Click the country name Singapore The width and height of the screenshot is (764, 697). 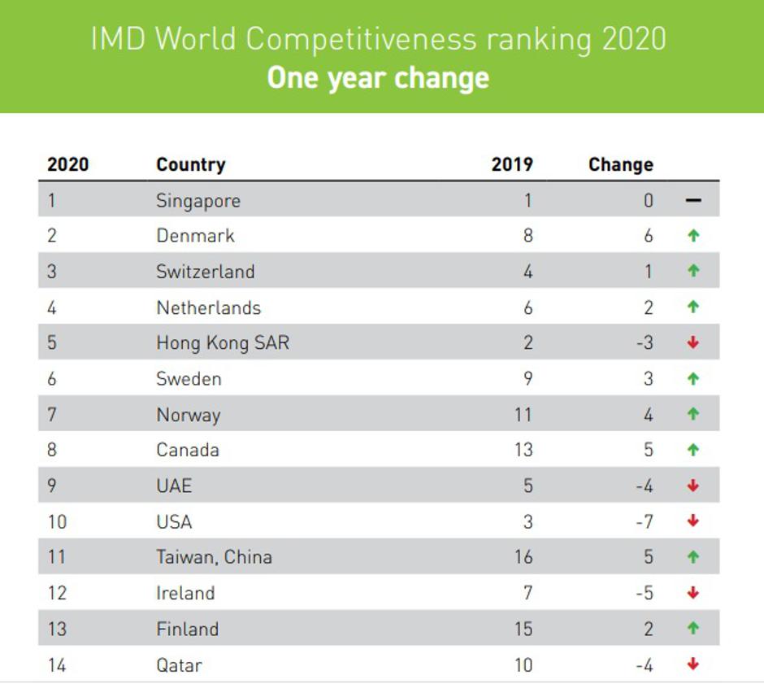pyautogui.click(x=198, y=201)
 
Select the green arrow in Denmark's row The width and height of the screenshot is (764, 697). pyautogui.click(x=693, y=236)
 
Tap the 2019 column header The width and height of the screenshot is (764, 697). pyautogui.click(x=512, y=164)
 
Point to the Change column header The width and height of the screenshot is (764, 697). pyautogui.click(x=620, y=164)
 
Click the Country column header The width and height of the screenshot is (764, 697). pyautogui.click(x=190, y=164)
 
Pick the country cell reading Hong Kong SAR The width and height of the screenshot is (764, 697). pyautogui.click(x=222, y=343)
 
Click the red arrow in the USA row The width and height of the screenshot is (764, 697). pyautogui.click(x=693, y=521)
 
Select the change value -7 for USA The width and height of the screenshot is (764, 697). pyautogui.click(x=645, y=521)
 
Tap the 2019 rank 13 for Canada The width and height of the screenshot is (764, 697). pyautogui.click(x=523, y=450)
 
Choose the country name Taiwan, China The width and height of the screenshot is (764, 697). pyautogui.click(x=214, y=557)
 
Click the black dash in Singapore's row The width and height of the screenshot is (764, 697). pyautogui.click(x=693, y=201)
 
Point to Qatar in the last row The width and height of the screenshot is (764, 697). pyautogui.click(x=179, y=665)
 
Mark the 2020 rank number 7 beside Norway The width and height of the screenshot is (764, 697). pyautogui.click(x=52, y=415)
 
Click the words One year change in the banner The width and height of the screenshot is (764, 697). pyautogui.click(x=378, y=77)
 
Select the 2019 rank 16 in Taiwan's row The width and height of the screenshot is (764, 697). pyautogui.click(x=523, y=557)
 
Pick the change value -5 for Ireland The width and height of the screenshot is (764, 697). pyautogui.click(x=645, y=593)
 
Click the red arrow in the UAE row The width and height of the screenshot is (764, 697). pyautogui.click(x=693, y=486)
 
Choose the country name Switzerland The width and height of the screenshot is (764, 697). pyautogui.click(x=205, y=272)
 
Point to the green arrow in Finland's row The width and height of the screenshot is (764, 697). pyautogui.click(x=693, y=629)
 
